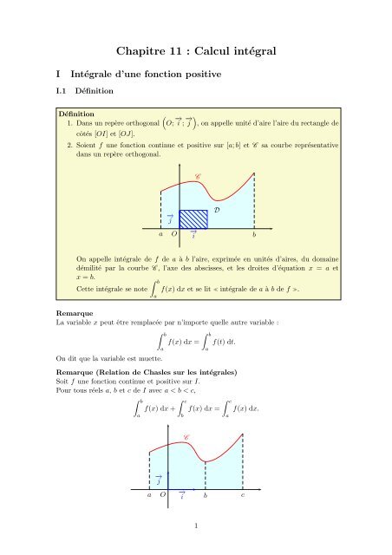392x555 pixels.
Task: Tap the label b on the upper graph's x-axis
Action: pyautogui.click(x=254, y=236)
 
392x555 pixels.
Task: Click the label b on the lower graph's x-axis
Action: pyautogui.click(x=205, y=499)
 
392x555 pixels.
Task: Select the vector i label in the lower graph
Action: pyautogui.click(x=181, y=497)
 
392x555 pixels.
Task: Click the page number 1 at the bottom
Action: pyautogui.click(x=196, y=525)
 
